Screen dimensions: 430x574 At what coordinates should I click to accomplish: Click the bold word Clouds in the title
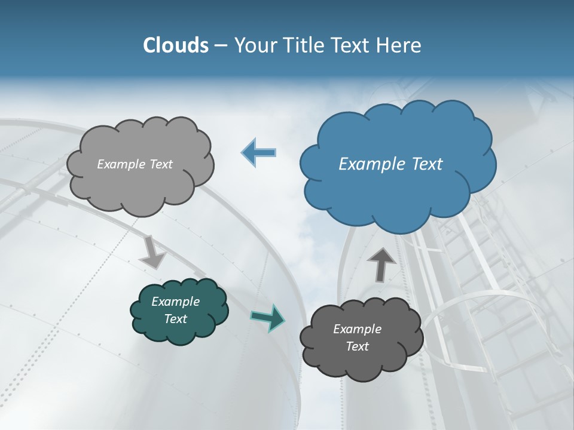176,45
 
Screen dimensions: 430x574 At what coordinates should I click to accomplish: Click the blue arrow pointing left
258,153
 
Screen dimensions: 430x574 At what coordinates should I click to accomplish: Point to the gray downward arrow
153,253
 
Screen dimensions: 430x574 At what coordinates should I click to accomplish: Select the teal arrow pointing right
268,317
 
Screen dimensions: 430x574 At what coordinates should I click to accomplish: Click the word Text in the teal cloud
176,319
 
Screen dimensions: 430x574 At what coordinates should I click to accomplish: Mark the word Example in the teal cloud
176,302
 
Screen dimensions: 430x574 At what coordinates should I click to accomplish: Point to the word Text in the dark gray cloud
357,346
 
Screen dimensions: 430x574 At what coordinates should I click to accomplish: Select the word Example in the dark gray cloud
357,329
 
